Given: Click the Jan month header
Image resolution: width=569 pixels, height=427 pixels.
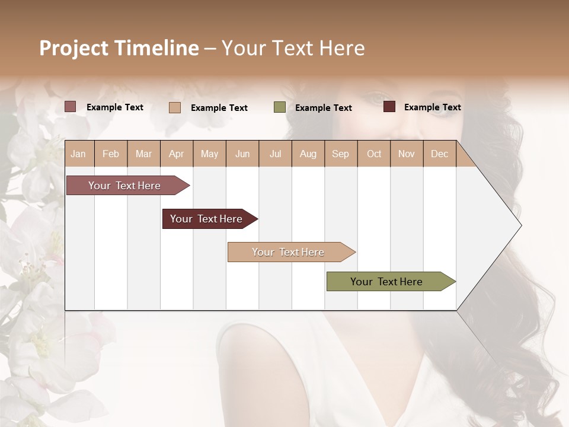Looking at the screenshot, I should tap(78, 154).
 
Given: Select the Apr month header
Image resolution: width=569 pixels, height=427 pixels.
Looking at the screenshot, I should tap(176, 154).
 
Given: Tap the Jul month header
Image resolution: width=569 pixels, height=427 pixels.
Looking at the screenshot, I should tap(275, 154).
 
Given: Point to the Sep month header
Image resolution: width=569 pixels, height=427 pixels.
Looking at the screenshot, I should tap(340, 154).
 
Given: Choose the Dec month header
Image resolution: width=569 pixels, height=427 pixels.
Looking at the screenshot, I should tap(439, 154).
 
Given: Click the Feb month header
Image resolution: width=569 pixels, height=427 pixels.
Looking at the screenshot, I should tap(111, 154).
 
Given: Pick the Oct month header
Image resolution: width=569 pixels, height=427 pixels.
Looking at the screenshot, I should tap(374, 154).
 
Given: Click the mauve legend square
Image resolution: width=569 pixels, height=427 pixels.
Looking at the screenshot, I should tap(71, 107).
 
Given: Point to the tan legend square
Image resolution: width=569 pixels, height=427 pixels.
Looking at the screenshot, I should tap(175, 107).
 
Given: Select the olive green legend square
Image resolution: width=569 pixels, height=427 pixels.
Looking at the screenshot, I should tap(280, 107).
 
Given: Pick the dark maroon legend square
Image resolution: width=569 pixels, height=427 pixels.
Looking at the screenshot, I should tap(389, 107).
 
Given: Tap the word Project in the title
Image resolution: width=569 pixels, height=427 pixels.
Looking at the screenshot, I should tap(74, 48).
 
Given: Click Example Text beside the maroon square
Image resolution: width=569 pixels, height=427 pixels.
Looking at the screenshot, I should tap(432, 107).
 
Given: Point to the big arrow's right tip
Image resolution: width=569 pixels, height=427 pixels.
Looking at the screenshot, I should tap(520, 225).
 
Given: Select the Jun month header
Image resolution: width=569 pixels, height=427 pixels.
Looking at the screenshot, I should tap(242, 154).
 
